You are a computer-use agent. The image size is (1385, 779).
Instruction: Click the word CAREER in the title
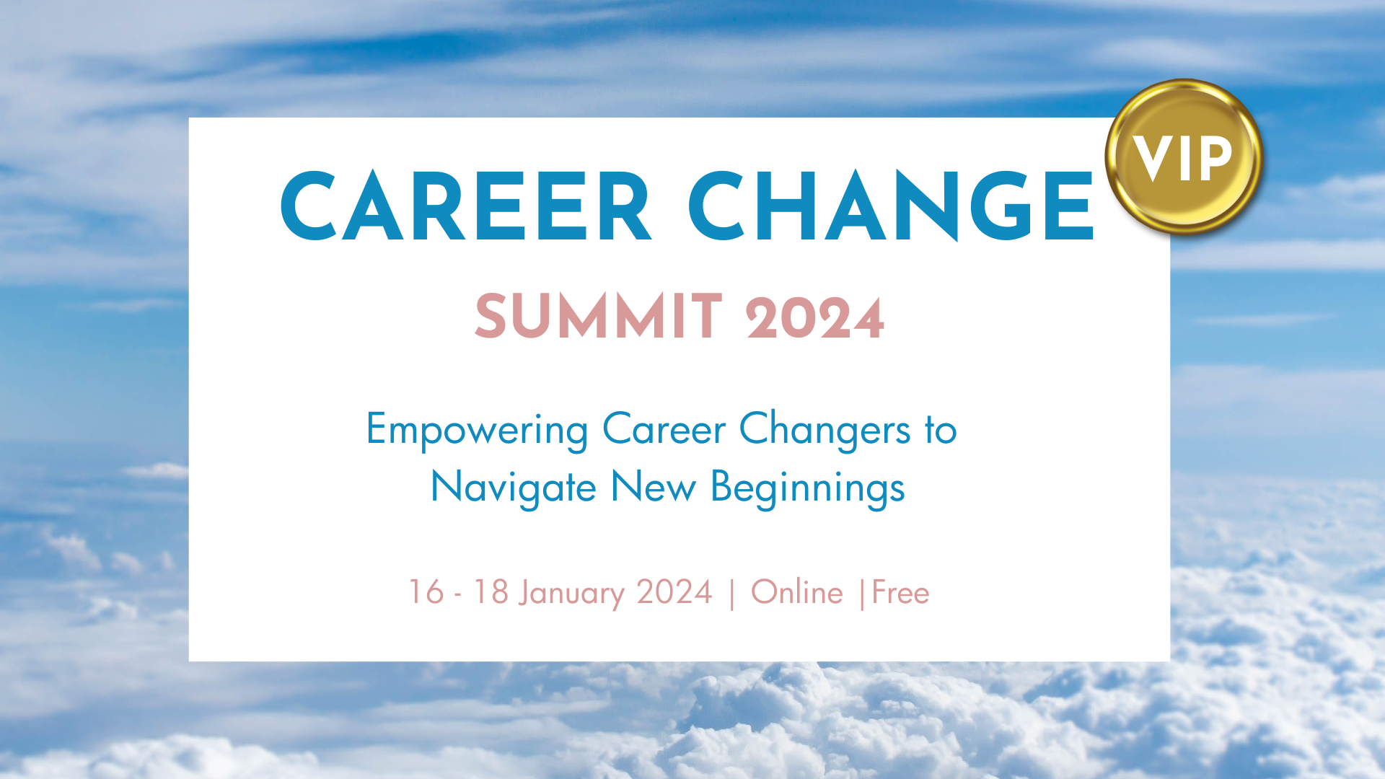[466, 207]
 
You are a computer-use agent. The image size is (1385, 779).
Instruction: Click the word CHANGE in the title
[892, 207]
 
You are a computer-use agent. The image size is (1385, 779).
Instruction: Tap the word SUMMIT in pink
[598, 317]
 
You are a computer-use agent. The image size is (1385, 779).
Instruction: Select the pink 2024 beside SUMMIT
[815, 318]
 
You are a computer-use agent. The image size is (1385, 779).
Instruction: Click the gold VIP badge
[1183, 157]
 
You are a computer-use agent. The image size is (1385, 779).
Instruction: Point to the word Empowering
[477, 430]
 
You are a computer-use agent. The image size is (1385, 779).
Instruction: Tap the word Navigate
[513, 488]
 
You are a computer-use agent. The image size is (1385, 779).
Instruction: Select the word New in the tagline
[653, 487]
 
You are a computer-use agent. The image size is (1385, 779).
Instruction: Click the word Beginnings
[807, 488]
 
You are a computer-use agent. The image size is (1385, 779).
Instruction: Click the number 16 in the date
[426, 592]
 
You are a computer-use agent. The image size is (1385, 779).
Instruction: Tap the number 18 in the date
[491, 592]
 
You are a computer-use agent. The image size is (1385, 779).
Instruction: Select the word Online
[796, 592]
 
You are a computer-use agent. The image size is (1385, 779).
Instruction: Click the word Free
[900, 592]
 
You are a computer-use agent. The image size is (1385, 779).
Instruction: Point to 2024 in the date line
[674, 592]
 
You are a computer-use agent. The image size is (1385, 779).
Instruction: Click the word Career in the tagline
[664, 430]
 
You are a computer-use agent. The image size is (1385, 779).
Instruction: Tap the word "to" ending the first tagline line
[941, 430]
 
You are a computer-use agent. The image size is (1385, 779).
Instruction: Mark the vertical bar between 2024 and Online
[732, 594]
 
